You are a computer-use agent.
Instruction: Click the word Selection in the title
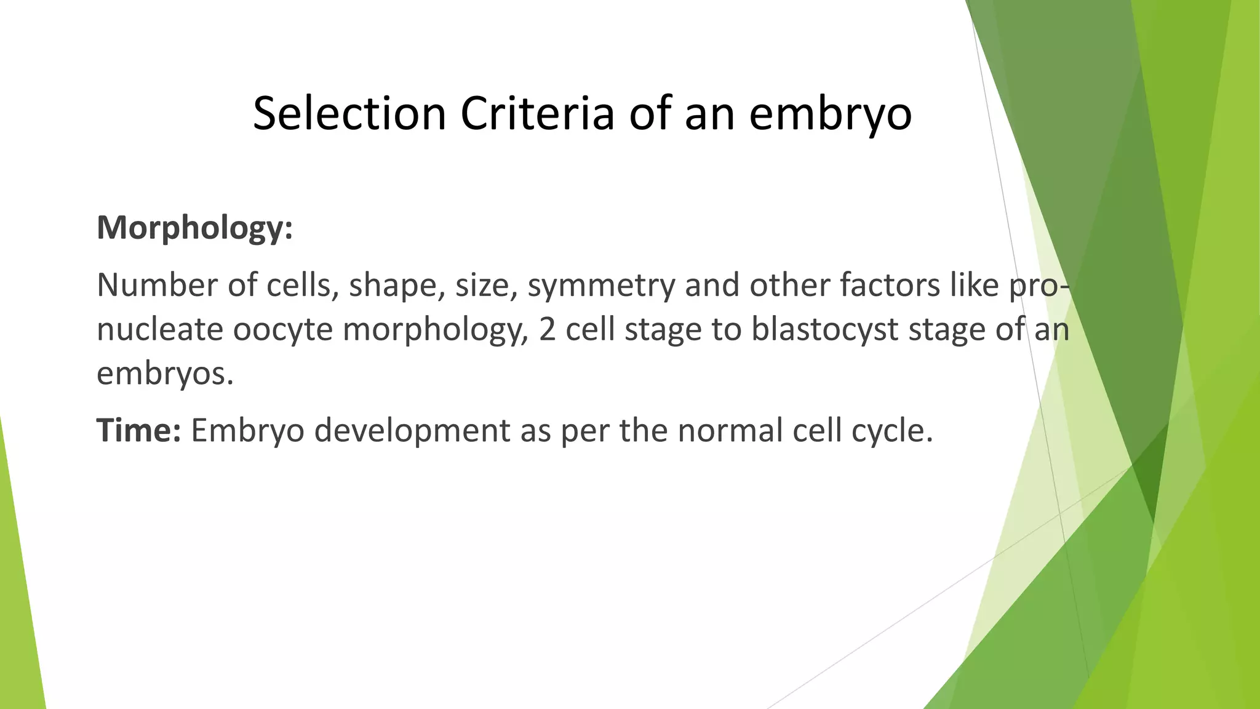[349, 114]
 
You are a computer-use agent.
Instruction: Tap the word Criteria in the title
[537, 114]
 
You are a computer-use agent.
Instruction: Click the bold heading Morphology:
[194, 229]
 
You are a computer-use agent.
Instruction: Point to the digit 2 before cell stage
[548, 330]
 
